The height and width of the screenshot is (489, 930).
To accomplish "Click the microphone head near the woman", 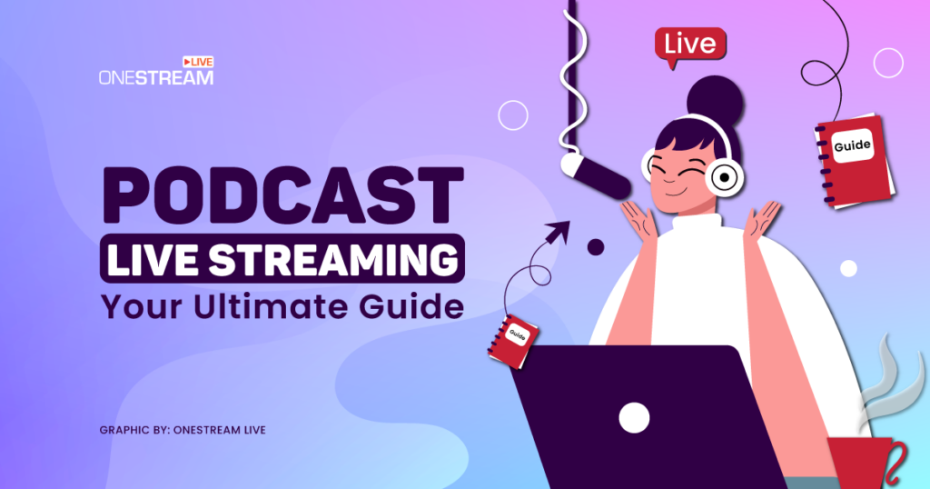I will click(x=595, y=175).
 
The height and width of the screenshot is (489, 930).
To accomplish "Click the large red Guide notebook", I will click(x=854, y=154).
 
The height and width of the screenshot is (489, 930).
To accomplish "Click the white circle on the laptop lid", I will click(x=635, y=417).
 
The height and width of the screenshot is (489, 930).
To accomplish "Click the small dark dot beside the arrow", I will click(x=596, y=247).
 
